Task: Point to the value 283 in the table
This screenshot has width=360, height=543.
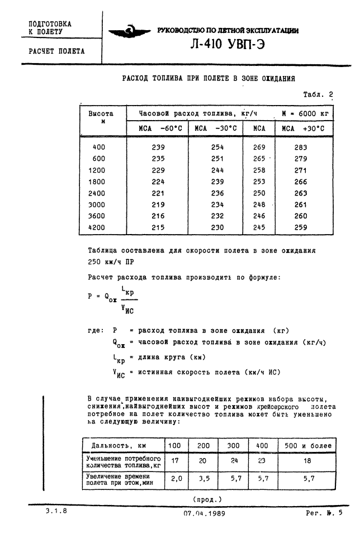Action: [x=301, y=147]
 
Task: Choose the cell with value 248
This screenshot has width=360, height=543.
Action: [x=259, y=204]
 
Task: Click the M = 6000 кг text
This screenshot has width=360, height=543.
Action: [x=304, y=113]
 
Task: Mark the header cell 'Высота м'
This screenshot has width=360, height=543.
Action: [x=101, y=117]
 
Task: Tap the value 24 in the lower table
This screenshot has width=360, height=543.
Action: [x=234, y=461]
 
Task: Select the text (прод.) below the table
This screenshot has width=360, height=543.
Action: [x=207, y=498]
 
